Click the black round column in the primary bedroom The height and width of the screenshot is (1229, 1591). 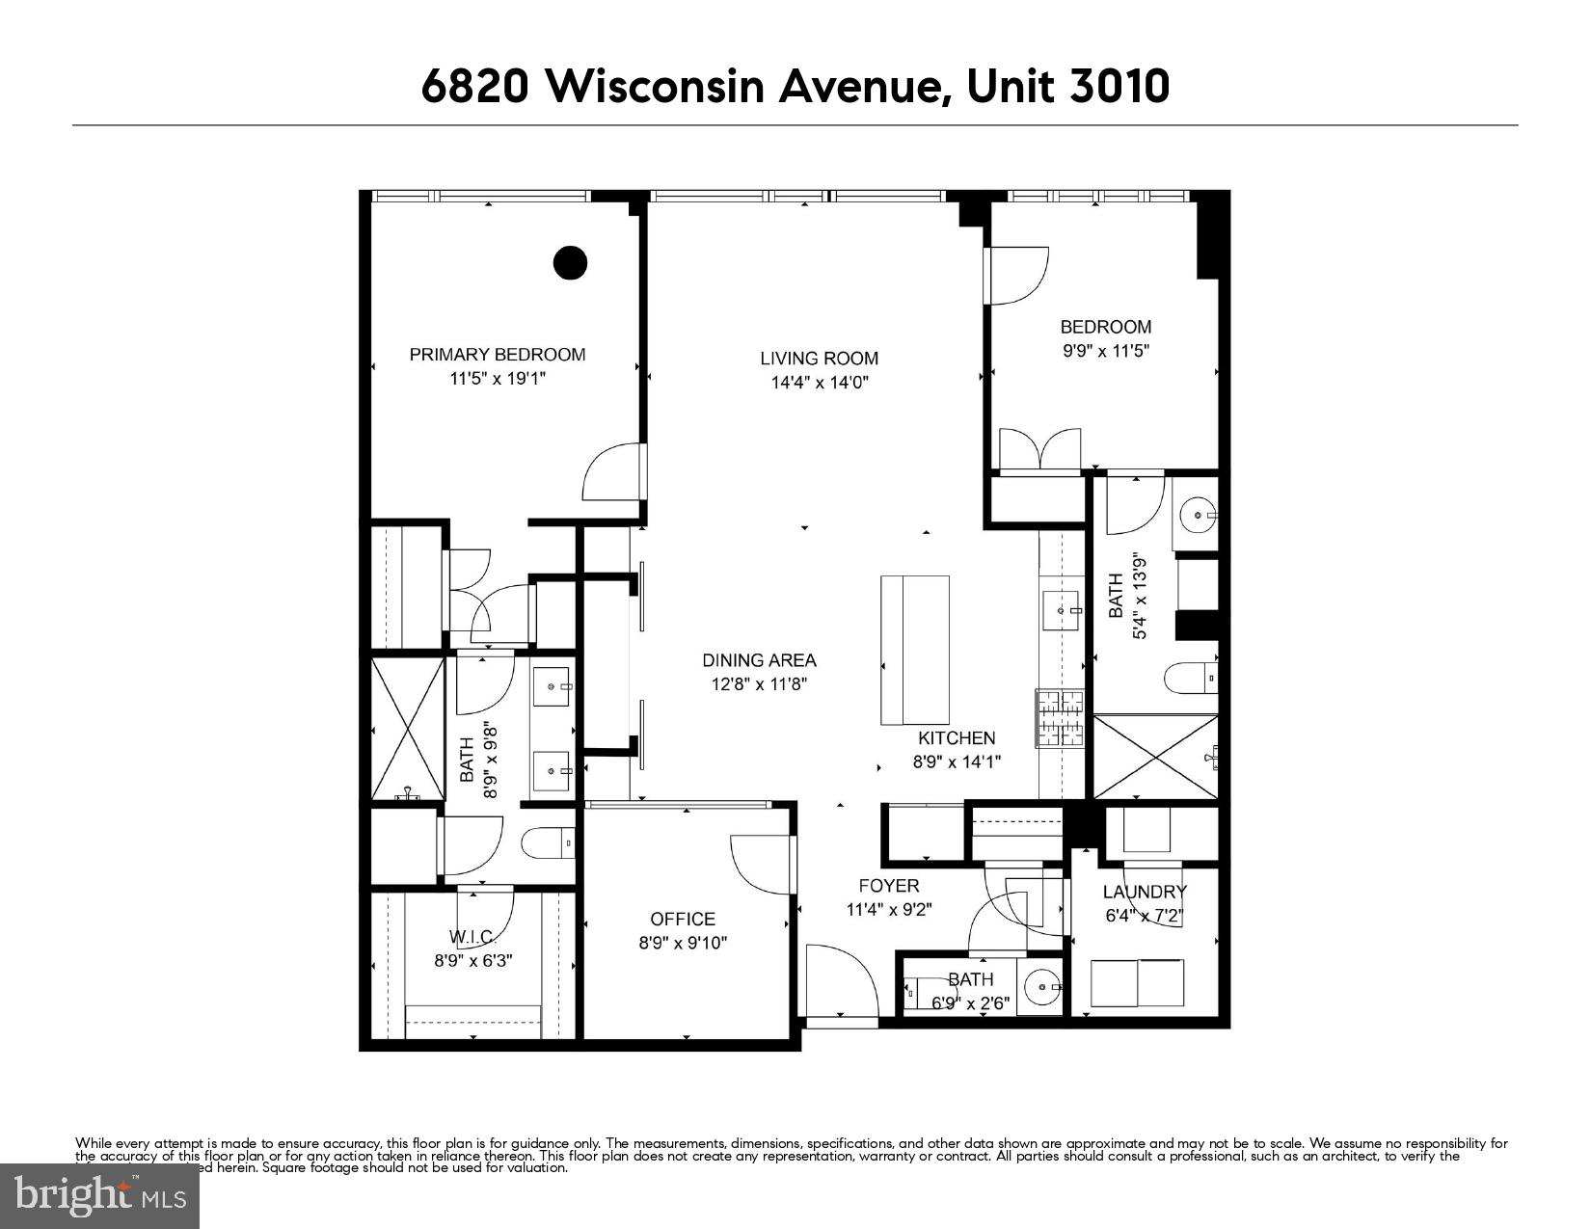[x=570, y=262]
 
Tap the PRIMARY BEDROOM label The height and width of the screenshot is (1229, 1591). [x=497, y=355]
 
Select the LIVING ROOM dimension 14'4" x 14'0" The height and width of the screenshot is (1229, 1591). [x=820, y=383]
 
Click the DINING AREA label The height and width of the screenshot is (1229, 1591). [x=759, y=660]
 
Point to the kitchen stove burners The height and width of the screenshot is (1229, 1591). [x=1060, y=718]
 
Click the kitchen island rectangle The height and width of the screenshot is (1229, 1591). [x=915, y=650]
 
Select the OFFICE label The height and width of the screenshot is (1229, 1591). [x=683, y=920]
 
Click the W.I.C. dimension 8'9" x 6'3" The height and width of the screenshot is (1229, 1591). [x=472, y=961]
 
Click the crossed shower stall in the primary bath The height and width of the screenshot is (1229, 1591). [x=407, y=728]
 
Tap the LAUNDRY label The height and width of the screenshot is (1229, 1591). [x=1145, y=892]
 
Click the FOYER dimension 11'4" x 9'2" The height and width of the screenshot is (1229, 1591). [x=889, y=909]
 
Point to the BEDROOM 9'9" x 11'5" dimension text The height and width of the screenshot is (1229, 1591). [x=1106, y=352]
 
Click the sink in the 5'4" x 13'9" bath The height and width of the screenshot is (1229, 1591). [x=1200, y=516]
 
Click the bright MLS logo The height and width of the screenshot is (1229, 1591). [x=99, y=1196]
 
